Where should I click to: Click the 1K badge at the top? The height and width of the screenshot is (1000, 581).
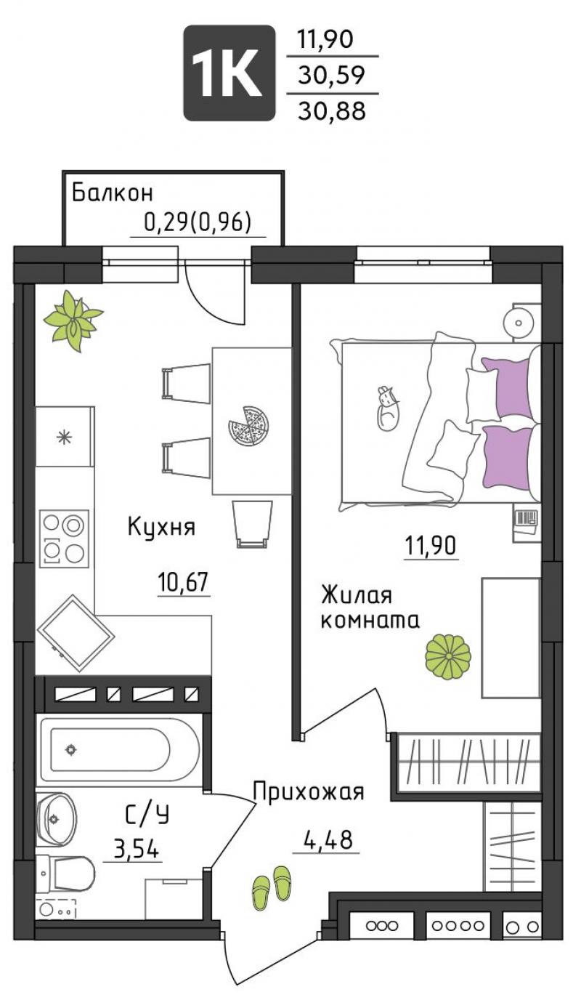tap(229, 73)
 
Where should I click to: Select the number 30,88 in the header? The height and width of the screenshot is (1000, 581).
tap(332, 110)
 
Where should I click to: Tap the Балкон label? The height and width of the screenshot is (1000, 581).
tap(113, 193)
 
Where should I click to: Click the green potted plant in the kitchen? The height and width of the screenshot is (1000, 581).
tap(73, 320)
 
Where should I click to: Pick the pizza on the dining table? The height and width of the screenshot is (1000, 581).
tap(248, 425)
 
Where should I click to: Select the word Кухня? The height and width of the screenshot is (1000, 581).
tap(161, 527)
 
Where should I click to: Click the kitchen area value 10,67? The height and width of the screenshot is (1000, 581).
tap(184, 582)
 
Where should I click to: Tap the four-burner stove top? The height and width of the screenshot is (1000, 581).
tap(64, 539)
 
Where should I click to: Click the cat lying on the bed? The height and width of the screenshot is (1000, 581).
tap(388, 408)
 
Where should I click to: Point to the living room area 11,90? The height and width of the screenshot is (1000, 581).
tap(431, 546)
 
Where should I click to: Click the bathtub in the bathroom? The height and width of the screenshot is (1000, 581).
tap(119, 750)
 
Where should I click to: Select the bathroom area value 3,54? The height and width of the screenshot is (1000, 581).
tap(137, 849)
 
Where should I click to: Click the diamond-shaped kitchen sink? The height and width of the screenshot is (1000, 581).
tap(76, 632)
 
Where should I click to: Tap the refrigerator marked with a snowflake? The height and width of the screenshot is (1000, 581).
tap(65, 437)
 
